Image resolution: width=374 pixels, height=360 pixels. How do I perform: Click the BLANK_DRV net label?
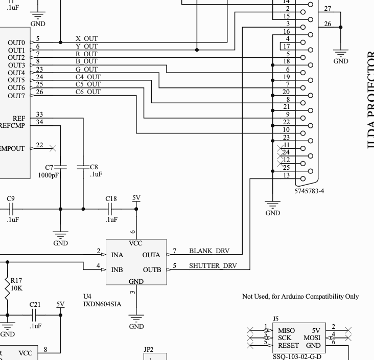pyautogui.click(x=209, y=251)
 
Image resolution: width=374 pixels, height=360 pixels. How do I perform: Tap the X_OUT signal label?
pyautogui.click(x=86, y=39)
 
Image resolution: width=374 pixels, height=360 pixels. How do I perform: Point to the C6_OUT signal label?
pyautogui.click(x=88, y=92)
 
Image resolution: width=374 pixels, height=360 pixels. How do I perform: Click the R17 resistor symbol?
pyautogui.click(x=8, y=288)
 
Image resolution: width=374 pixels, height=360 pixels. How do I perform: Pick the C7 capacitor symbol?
pyautogui.click(x=61, y=167)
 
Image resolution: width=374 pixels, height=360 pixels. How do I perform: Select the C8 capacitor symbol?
pyautogui.click(x=83, y=167)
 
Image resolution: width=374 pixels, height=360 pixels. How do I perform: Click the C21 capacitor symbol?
pyautogui.click(x=35, y=315)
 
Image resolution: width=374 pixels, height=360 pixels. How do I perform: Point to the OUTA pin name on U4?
pyautogui.click(x=152, y=255)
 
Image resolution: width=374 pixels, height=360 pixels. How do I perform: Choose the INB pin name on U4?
pyautogui.click(x=117, y=269)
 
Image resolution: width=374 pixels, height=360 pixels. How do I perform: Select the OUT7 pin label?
pyautogui.click(x=16, y=96)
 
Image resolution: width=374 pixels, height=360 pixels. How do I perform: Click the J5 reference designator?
pyautogui.click(x=276, y=319)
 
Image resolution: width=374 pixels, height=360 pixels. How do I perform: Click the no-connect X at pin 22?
pyautogui.click(x=53, y=148)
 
